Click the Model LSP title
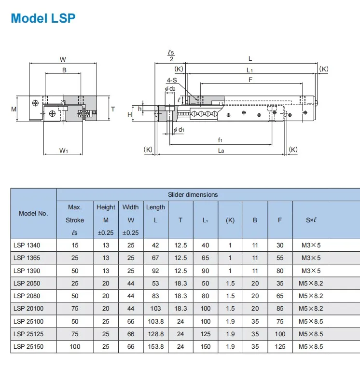(43, 18)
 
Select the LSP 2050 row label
(27, 283)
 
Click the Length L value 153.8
(155, 346)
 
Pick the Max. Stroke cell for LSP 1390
(75, 271)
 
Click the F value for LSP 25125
(280, 334)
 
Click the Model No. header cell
(33, 213)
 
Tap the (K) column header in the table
(230, 220)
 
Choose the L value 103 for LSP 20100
(155, 309)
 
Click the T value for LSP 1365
(180, 258)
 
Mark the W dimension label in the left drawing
(63, 59)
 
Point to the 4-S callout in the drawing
(171, 80)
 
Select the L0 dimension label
(221, 150)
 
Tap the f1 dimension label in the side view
(220, 140)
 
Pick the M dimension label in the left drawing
(14, 109)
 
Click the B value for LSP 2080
(255, 296)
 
